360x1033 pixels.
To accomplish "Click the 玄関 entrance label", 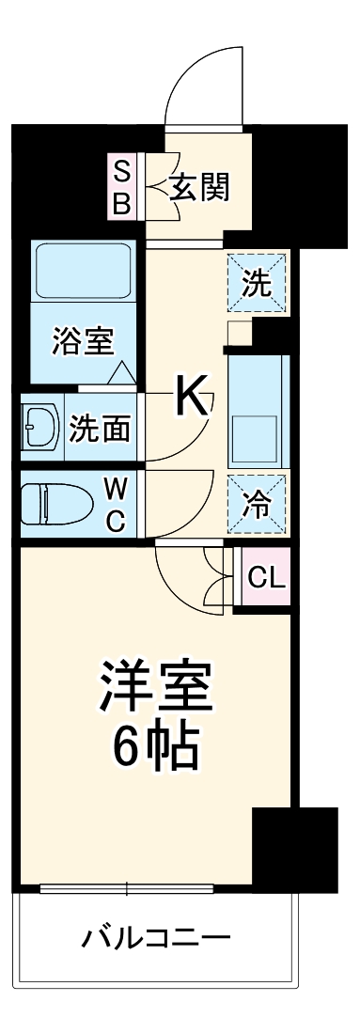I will (199, 188).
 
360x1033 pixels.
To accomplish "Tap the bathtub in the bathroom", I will (82, 281).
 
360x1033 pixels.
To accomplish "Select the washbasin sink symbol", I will (39, 428).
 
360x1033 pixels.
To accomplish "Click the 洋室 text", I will (157, 690).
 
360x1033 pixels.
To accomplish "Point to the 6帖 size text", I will (156, 747).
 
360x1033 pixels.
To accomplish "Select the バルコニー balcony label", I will (155, 938).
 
